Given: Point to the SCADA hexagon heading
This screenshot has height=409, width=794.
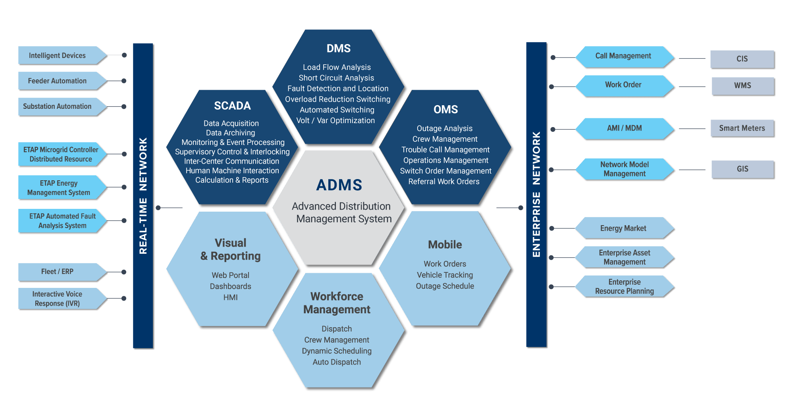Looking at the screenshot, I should click(x=232, y=106).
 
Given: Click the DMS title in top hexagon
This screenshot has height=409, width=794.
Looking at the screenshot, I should click(x=338, y=48).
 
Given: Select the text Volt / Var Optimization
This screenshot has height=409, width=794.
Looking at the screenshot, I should click(x=335, y=120).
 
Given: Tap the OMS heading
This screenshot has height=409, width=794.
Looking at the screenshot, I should click(x=445, y=109).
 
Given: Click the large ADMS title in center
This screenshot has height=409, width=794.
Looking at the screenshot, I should click(x=339, y=185).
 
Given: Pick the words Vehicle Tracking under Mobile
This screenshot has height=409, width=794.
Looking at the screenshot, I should click(x=445, y=275).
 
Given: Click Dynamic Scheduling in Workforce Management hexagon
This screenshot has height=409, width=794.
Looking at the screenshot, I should click(x=337, y=351).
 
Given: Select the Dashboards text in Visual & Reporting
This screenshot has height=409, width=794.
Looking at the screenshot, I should click(x=230, y=286).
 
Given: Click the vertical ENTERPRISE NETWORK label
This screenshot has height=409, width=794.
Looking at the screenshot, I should click(x=536, y=195).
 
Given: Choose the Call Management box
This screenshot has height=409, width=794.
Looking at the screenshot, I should click(x=623, y=56).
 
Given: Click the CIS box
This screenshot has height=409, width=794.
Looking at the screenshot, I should click(x=742, y=59).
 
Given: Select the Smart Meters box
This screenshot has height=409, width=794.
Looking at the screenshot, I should click(x=742, y=128).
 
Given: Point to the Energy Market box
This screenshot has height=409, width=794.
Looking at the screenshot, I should click(x=623, y=228).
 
